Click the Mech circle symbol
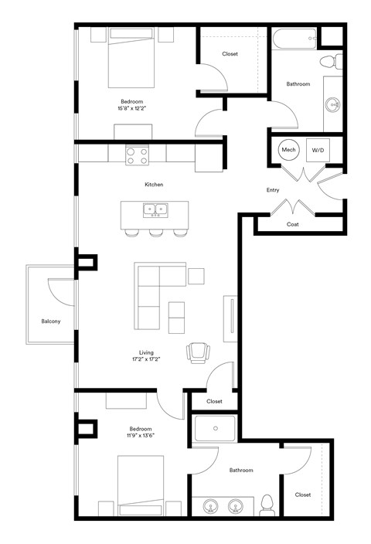point(288,150)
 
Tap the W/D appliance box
point(318,150)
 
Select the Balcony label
point(51,321)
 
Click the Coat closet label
point(292,225)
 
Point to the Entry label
point(272,190)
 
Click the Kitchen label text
point(154,185)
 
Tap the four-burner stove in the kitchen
point(138,155)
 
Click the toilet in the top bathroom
point(327,61)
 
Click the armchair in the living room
point(198,352)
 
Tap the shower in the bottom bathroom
point(215,427)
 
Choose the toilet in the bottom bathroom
point(267,505)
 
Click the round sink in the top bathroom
point(334,104)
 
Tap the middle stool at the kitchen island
point(156,232)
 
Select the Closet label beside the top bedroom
point(230,54)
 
